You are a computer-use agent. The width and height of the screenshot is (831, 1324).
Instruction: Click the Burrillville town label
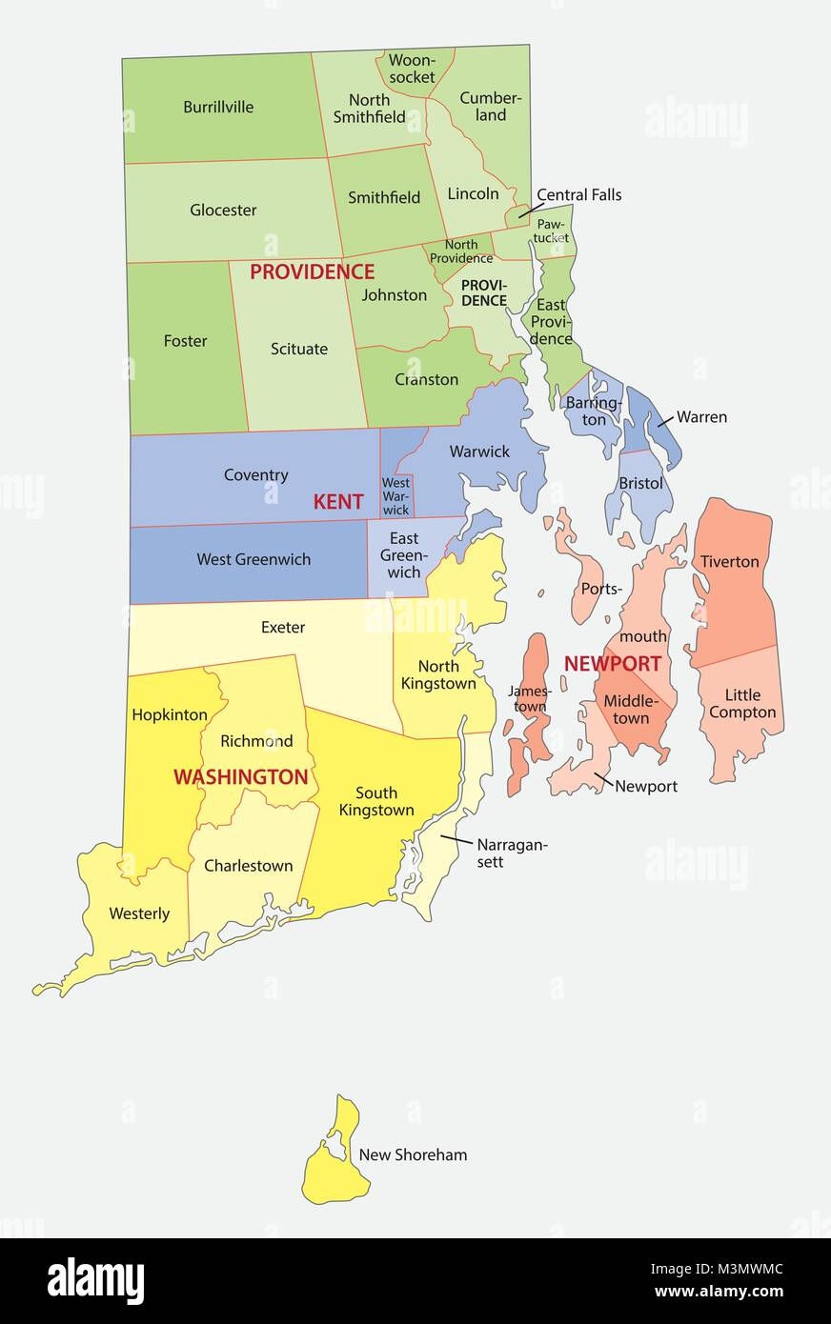[218, 107]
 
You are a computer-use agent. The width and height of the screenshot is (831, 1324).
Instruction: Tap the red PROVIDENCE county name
[312, 272]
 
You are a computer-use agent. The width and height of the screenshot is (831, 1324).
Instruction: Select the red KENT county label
[338, 502]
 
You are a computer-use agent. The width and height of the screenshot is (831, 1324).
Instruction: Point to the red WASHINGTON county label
[240, 777]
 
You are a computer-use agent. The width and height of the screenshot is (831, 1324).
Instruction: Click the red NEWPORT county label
[612, 663]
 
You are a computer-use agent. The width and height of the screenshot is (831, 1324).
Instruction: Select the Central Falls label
[578, 194]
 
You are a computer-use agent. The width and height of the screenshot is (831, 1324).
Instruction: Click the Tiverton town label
[730, 561]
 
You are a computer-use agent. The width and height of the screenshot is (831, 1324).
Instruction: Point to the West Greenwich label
[253, 559]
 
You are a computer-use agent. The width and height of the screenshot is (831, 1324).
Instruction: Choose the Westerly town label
[139, 913]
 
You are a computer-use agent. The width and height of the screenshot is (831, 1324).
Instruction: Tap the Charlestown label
[248, 866]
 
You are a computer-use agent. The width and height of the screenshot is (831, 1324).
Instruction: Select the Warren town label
[701, 416]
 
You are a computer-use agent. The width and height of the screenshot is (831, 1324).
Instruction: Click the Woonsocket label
[412, 69]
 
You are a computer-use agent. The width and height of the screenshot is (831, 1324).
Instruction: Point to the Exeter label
[283, 627]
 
